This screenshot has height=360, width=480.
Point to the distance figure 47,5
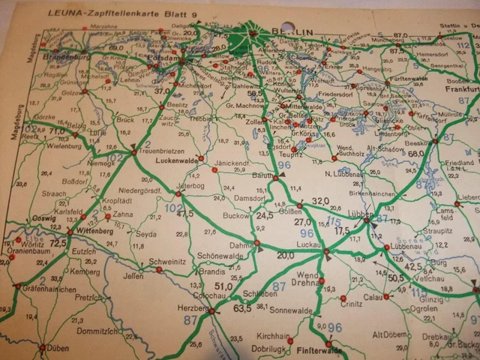[x=184, y=213]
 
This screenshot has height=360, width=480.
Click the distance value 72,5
[x=59, y=243]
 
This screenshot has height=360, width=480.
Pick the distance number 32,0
[x=320, y=200]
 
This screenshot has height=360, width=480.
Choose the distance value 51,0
[x=223, y=286]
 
